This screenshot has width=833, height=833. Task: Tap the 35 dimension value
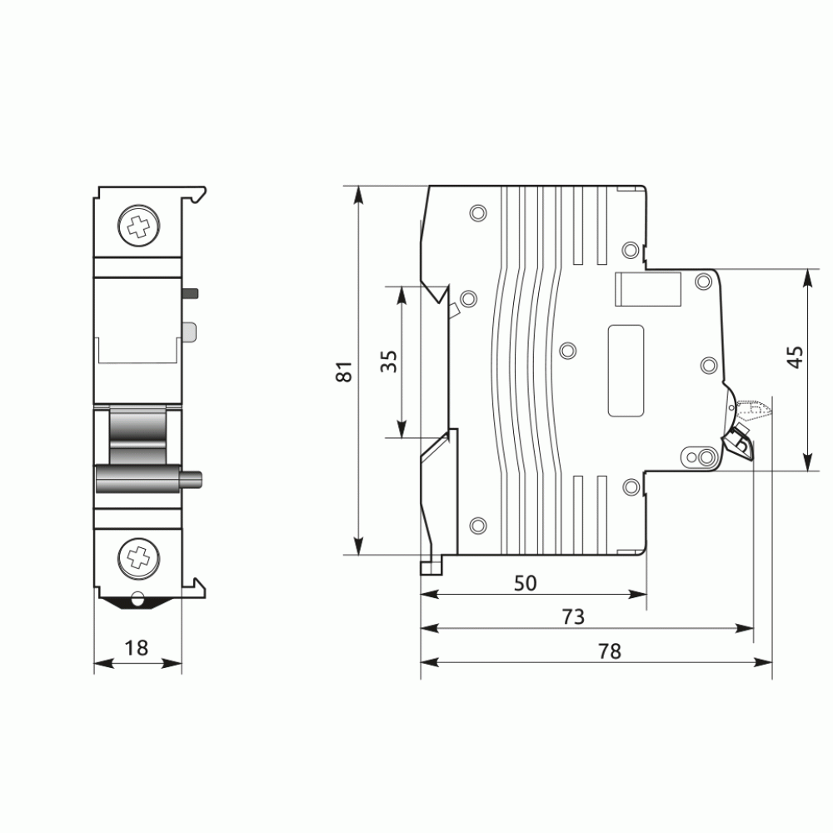[x=389, y=362]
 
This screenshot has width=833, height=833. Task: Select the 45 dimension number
[x=796, y=357]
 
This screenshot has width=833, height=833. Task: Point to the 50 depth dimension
[x=526, y=583]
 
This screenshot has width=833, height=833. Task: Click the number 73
[x=573, y=616]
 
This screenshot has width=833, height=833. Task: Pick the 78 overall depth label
[x=610, y=651]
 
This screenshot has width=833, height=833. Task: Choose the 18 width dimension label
[x=136, y=648]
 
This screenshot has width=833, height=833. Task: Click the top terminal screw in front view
[x=138, y=226]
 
